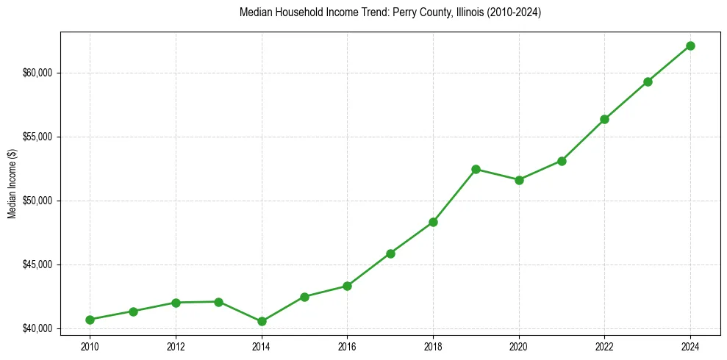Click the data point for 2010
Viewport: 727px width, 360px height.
[90, 320]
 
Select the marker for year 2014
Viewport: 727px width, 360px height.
[262, 321]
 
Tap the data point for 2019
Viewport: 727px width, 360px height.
[476, 169]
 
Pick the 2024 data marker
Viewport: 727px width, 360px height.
[690, 46]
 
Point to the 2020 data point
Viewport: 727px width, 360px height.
[519, 180]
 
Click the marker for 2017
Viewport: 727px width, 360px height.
[390, 253]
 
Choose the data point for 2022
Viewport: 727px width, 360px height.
[604, 119]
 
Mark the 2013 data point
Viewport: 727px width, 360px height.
[218, 302]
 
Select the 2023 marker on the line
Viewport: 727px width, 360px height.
[648, 82]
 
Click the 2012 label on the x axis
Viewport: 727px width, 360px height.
[176, 345]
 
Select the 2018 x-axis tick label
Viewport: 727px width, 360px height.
[433, 345]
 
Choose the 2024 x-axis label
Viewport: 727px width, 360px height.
[690, 345]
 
